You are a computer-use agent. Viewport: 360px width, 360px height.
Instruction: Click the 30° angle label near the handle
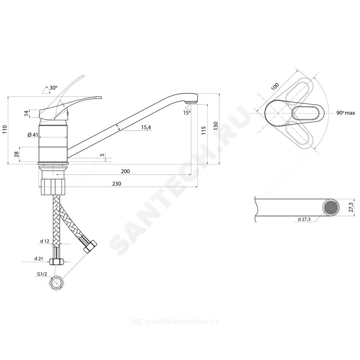click(x=53, y=87)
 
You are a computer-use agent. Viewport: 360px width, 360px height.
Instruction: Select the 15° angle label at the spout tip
click(x=186, y=113)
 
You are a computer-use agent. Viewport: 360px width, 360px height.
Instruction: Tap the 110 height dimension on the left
click(x=5, y=130)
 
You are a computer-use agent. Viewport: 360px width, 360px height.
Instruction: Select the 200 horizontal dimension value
click(x=125, y=171)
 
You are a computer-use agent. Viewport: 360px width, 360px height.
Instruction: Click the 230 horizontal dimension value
click(x=117, y=184)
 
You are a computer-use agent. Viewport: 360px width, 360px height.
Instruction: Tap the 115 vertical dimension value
click(x=204, y=130)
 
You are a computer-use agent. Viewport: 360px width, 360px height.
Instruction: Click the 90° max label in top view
click(x=346, y=113)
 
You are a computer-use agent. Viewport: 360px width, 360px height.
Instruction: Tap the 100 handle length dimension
click(x=275, y=86)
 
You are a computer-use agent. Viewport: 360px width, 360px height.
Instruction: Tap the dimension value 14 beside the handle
click(x=26, y=113)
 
